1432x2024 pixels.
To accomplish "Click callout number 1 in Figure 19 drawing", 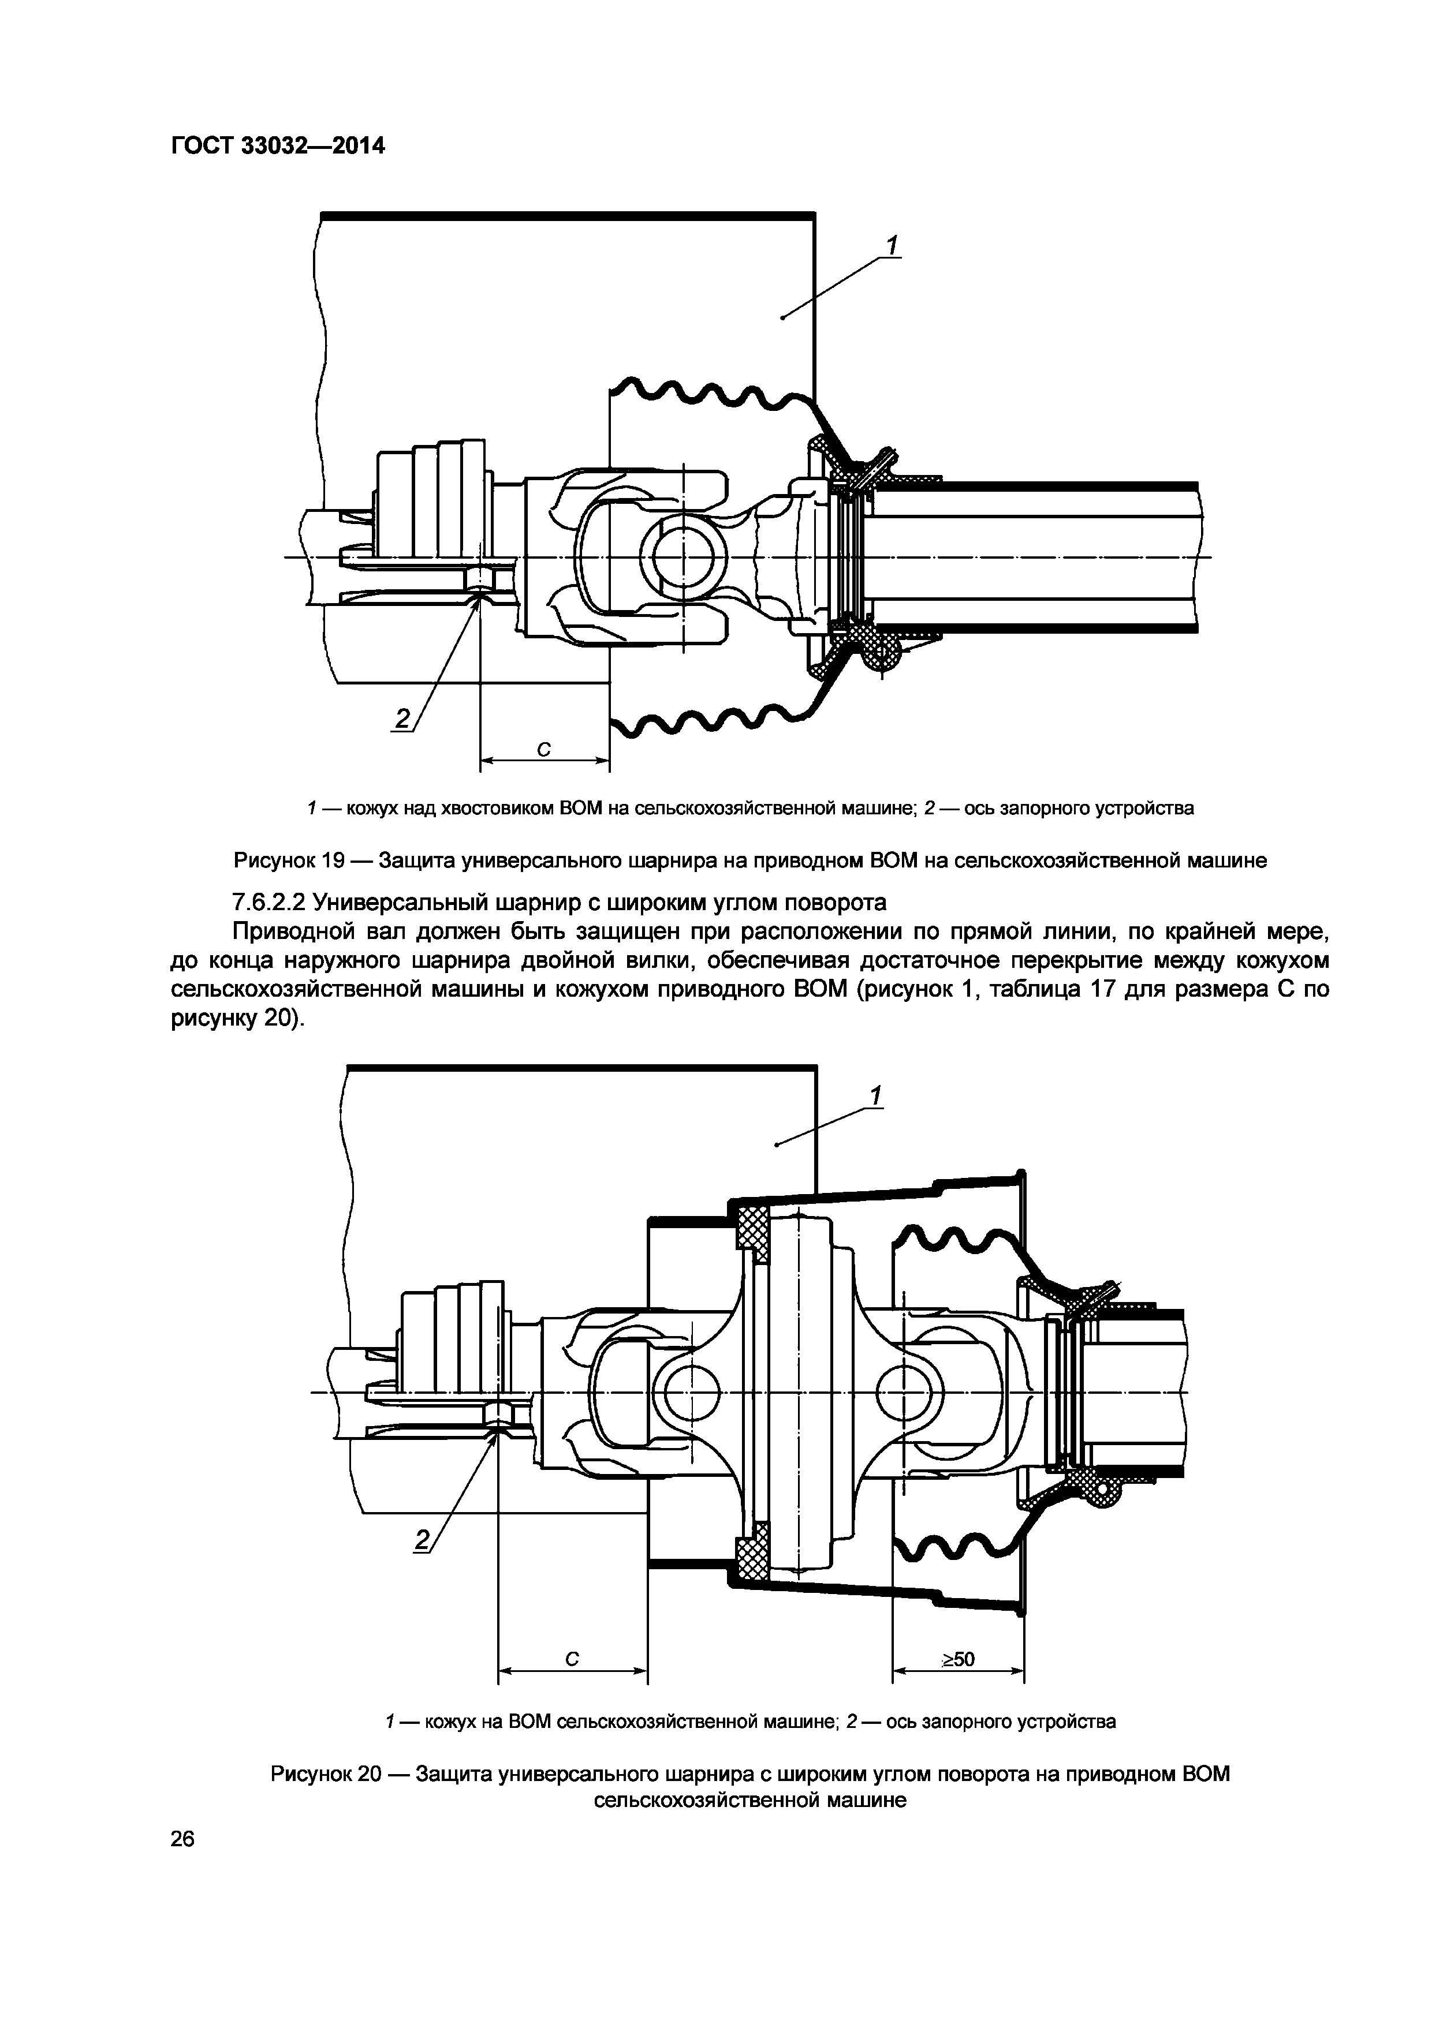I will click(892, 245).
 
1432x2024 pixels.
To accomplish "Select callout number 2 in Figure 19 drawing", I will click(402, 719).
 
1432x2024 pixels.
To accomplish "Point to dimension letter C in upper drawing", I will click(544, 749).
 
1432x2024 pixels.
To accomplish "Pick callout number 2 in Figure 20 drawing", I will click(422, 1540).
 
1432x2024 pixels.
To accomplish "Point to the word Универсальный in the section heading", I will click(401, 903).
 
